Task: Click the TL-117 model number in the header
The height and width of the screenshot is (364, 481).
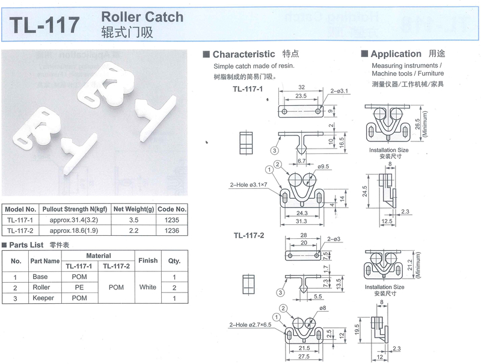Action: pyautogui.click(x=44, y=25)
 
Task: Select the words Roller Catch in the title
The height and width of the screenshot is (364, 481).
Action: pyautogui.click(x=142, y=17)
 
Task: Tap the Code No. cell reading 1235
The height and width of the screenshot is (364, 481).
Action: pyautogui.click(x=171, y=220)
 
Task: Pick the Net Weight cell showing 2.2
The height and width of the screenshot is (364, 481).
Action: pyautogui.click(x=133, y=230)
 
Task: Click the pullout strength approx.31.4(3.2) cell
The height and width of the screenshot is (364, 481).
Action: pyautogui.click(x=74, y=220)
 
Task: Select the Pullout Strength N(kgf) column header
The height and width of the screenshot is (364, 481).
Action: pyautogui.click(x=75, y=209)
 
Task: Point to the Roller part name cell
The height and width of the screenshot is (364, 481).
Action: pyautogui.click(x=41, y=287)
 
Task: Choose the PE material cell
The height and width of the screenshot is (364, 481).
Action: pyautogui.click(x=79, y=287)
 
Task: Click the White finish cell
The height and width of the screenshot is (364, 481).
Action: pyautogui.click(x=147, y=287)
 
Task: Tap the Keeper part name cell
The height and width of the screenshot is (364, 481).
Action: pyautogui.click(x=43, y=298)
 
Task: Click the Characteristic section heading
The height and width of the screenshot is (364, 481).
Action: pyautogui.click(x=244, y=54)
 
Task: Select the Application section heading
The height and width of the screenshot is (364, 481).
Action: pyautogui.click(x=396, y=54)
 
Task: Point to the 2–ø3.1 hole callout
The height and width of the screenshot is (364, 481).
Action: pyautogui.click(x=339, y=91)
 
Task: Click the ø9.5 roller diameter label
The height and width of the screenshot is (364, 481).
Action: pyautogui.click(x=323, y=166)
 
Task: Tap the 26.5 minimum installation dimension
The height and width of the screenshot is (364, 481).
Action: pyautogui.click(x=417, y=124)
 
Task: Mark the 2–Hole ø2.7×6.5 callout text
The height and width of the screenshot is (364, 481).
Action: pyautogui.click(x=250, y=325)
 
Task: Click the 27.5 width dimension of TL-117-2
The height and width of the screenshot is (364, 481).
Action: pyautogui.click(x=304, y=357)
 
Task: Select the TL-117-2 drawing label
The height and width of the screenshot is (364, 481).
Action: pyautogui.click(x=249, y=235)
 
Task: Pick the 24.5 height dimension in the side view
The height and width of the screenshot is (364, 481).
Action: pyautogui.click(x=364, y=191)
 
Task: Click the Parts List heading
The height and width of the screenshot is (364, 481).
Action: pyautogui.click(x=26, y=245)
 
